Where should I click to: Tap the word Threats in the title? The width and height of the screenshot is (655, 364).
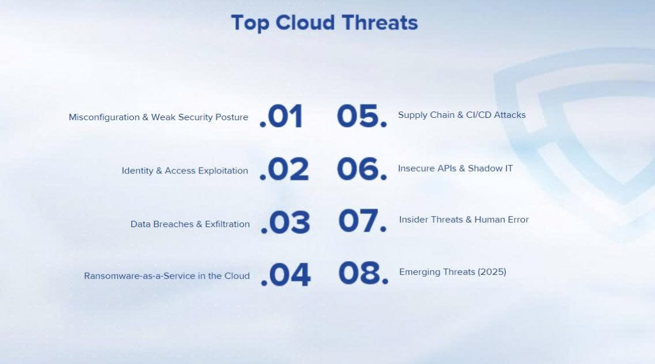(x=380, y=22)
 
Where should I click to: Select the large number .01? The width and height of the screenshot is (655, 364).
(x=281, y=116)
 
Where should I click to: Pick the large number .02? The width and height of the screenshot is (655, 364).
(x=284, y=170)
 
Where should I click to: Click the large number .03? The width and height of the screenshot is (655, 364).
(x=285, y=222)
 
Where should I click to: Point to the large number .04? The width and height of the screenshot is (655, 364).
(x=285, y=275)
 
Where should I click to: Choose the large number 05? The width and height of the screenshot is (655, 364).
(x=362, y=116)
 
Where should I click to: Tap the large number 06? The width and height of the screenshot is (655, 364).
(x=362, y=169)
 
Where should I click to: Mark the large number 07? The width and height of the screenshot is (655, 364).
(x=363, y=221)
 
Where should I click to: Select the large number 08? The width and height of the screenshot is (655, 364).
(x=363, y=273)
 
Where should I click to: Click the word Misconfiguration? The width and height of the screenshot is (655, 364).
(x=104, y=118)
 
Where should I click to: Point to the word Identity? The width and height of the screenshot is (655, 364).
(x=137, y=170)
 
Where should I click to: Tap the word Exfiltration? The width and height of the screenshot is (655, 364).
(x=227, y=224)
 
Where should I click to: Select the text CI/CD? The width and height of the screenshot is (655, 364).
(x=479, y=115)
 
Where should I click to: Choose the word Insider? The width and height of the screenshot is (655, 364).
(x=413, y=220)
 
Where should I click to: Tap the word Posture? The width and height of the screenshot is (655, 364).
(x=231, y=117)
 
